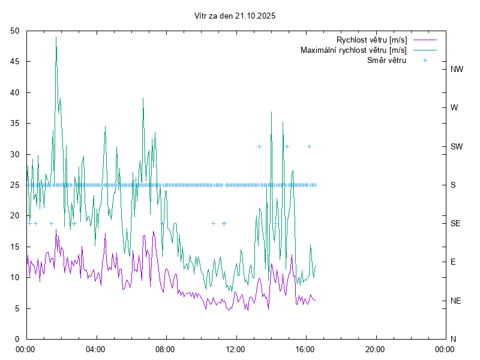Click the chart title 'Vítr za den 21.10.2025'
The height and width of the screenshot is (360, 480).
click(235, 16)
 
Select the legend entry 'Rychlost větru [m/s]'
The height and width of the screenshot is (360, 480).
click(372, 40)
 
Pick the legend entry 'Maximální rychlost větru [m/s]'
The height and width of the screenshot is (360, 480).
click(354, 50)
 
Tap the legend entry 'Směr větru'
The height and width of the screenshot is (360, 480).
click(387, 60)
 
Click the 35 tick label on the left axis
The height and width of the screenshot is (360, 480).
click(15, 123)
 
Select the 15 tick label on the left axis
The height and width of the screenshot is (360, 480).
click(15, 247)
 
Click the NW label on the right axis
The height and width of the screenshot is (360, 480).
click(457, 70)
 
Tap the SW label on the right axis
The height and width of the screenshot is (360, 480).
click(457, 146)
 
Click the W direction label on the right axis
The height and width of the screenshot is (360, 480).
click(454, 108)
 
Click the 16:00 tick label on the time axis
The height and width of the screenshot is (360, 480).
click(306, 349)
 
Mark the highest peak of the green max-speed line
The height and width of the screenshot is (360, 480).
click(56, 37)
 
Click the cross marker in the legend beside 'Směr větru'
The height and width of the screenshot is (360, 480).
click(425, 60)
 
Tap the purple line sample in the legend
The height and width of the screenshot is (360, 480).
click(425, 40)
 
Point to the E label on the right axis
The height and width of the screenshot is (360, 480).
click(454, 262)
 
